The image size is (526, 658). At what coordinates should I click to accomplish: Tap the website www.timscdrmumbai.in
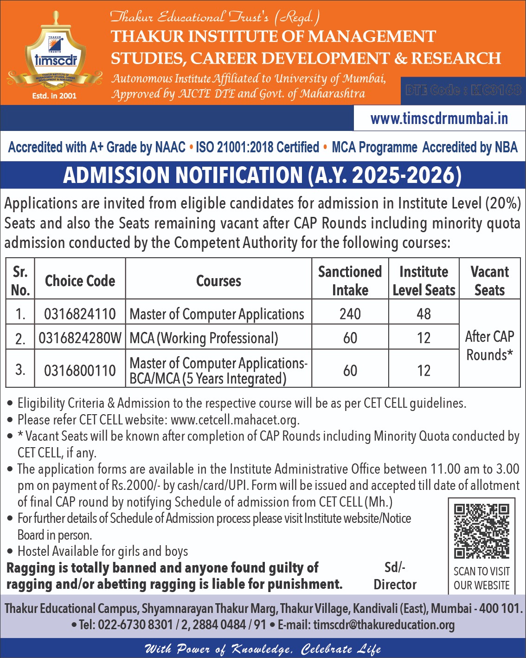pyautogui.click(x=439, y=118)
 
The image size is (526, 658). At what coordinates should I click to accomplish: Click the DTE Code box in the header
pyautogui.click(x=463, y=90)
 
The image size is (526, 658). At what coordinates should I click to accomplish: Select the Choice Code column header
pyautogui.click(x=80, y=280)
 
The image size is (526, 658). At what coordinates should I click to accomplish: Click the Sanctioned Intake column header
pyautogui.click(x=350, y=280)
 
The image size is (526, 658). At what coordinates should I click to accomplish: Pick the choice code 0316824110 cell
pyautogui.click(x=80, y=314)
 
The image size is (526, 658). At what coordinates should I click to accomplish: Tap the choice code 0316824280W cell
pyautogui.click(x=80, y=338)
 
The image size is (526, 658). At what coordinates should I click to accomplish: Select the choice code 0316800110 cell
pyautogui.click(x=80, y=370)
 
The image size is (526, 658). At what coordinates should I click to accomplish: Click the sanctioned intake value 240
pyautogui.click(x=350, y=314)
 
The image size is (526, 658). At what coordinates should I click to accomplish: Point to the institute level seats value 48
pyautogui.click(x=423, y=314)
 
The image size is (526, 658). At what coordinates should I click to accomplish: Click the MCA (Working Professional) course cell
pyautogui.click(x=204, y=338)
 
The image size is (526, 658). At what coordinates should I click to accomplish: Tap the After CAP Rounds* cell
pyautogui.click(x=489, y=345)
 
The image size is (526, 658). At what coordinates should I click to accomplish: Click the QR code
pyautogui.click(x=481, y=531)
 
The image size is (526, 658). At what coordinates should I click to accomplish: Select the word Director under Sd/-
pyautogui.click(x=395, y=584)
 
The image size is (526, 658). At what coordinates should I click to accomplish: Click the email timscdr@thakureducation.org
pyautogui.click(x=384, y=625)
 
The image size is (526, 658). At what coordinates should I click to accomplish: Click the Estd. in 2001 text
pyautogui.click(x=54, y=96)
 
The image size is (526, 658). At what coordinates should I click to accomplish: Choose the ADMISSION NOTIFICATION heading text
pyautogui.click(x=262, y=175)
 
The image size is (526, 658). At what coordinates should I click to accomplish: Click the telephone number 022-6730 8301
pyautogui.click(x=135, y=625)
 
